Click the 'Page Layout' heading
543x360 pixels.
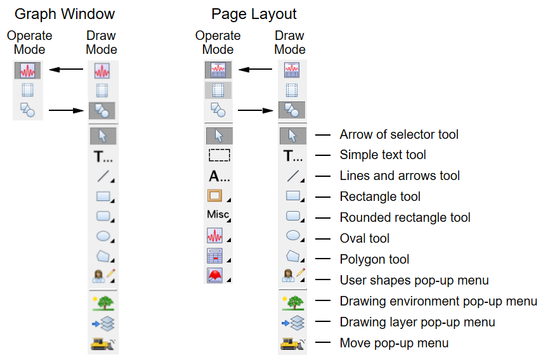pos(254,14)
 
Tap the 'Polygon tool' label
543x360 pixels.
pos(374,259)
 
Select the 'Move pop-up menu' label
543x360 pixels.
pos(394,343)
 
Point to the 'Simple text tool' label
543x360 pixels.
pos(383,155)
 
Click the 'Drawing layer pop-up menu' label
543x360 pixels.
pos(417,322)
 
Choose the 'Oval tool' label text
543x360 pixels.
pos(364,238)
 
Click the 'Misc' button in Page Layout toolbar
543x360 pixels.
pos(218,215)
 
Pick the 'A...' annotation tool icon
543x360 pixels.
pos(219,176)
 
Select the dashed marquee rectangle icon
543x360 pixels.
pos(219,155)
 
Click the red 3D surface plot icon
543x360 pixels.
pos(217,276)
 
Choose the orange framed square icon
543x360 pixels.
pos(216,195)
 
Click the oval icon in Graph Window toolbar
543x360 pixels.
pos(103,237)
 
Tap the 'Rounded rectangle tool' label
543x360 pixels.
pos(405,217)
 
